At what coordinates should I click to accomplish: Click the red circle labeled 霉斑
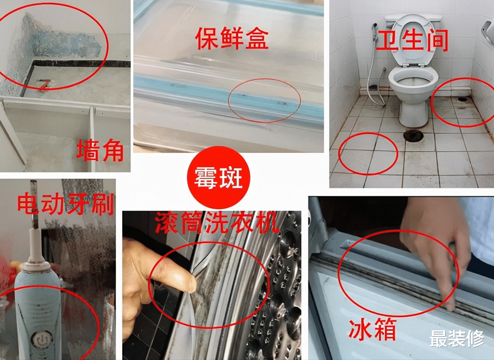pos(219,177)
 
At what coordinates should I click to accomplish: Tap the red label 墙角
pos(100,150)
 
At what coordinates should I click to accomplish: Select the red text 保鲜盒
pos(232,38)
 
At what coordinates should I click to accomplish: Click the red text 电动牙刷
pos(65,204)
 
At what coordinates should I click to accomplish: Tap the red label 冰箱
pos(372,330)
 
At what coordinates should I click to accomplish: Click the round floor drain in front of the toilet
pos(413,135)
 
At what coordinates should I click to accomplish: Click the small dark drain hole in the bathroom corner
pos(462,99)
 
